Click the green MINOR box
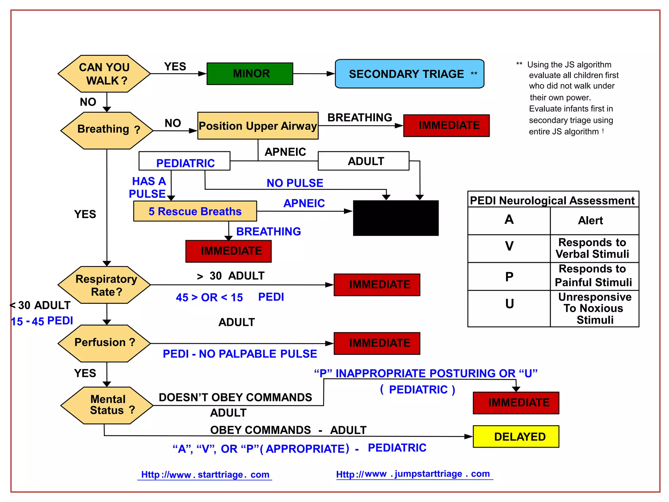click(x=250, y=74)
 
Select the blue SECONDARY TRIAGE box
click(x=409, y=74)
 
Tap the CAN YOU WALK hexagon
click(x=104, y=74)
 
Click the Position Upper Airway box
click(x=258, y=126)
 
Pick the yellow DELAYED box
click(x=516, y=436)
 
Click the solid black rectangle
click(x=396, y=218)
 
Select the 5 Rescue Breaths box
click(x=195, y=211)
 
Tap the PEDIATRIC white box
click(x=185, y=161)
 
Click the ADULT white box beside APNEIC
click(x=364, y=161)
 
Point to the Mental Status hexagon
click(x=107, y=405)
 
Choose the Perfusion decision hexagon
click(x=104, y=343)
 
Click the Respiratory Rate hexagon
click(x=104, y=285)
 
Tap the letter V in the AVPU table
click(x=509, y=246)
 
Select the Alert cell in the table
click(x=590, y=221)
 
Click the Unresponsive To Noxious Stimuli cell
click(x=594, y=308)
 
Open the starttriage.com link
click(x=205, y=475)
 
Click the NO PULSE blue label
click(x=295, y=183)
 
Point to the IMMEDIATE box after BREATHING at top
click(x=446, y=125)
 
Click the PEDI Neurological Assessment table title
click(x=552, y=200)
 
